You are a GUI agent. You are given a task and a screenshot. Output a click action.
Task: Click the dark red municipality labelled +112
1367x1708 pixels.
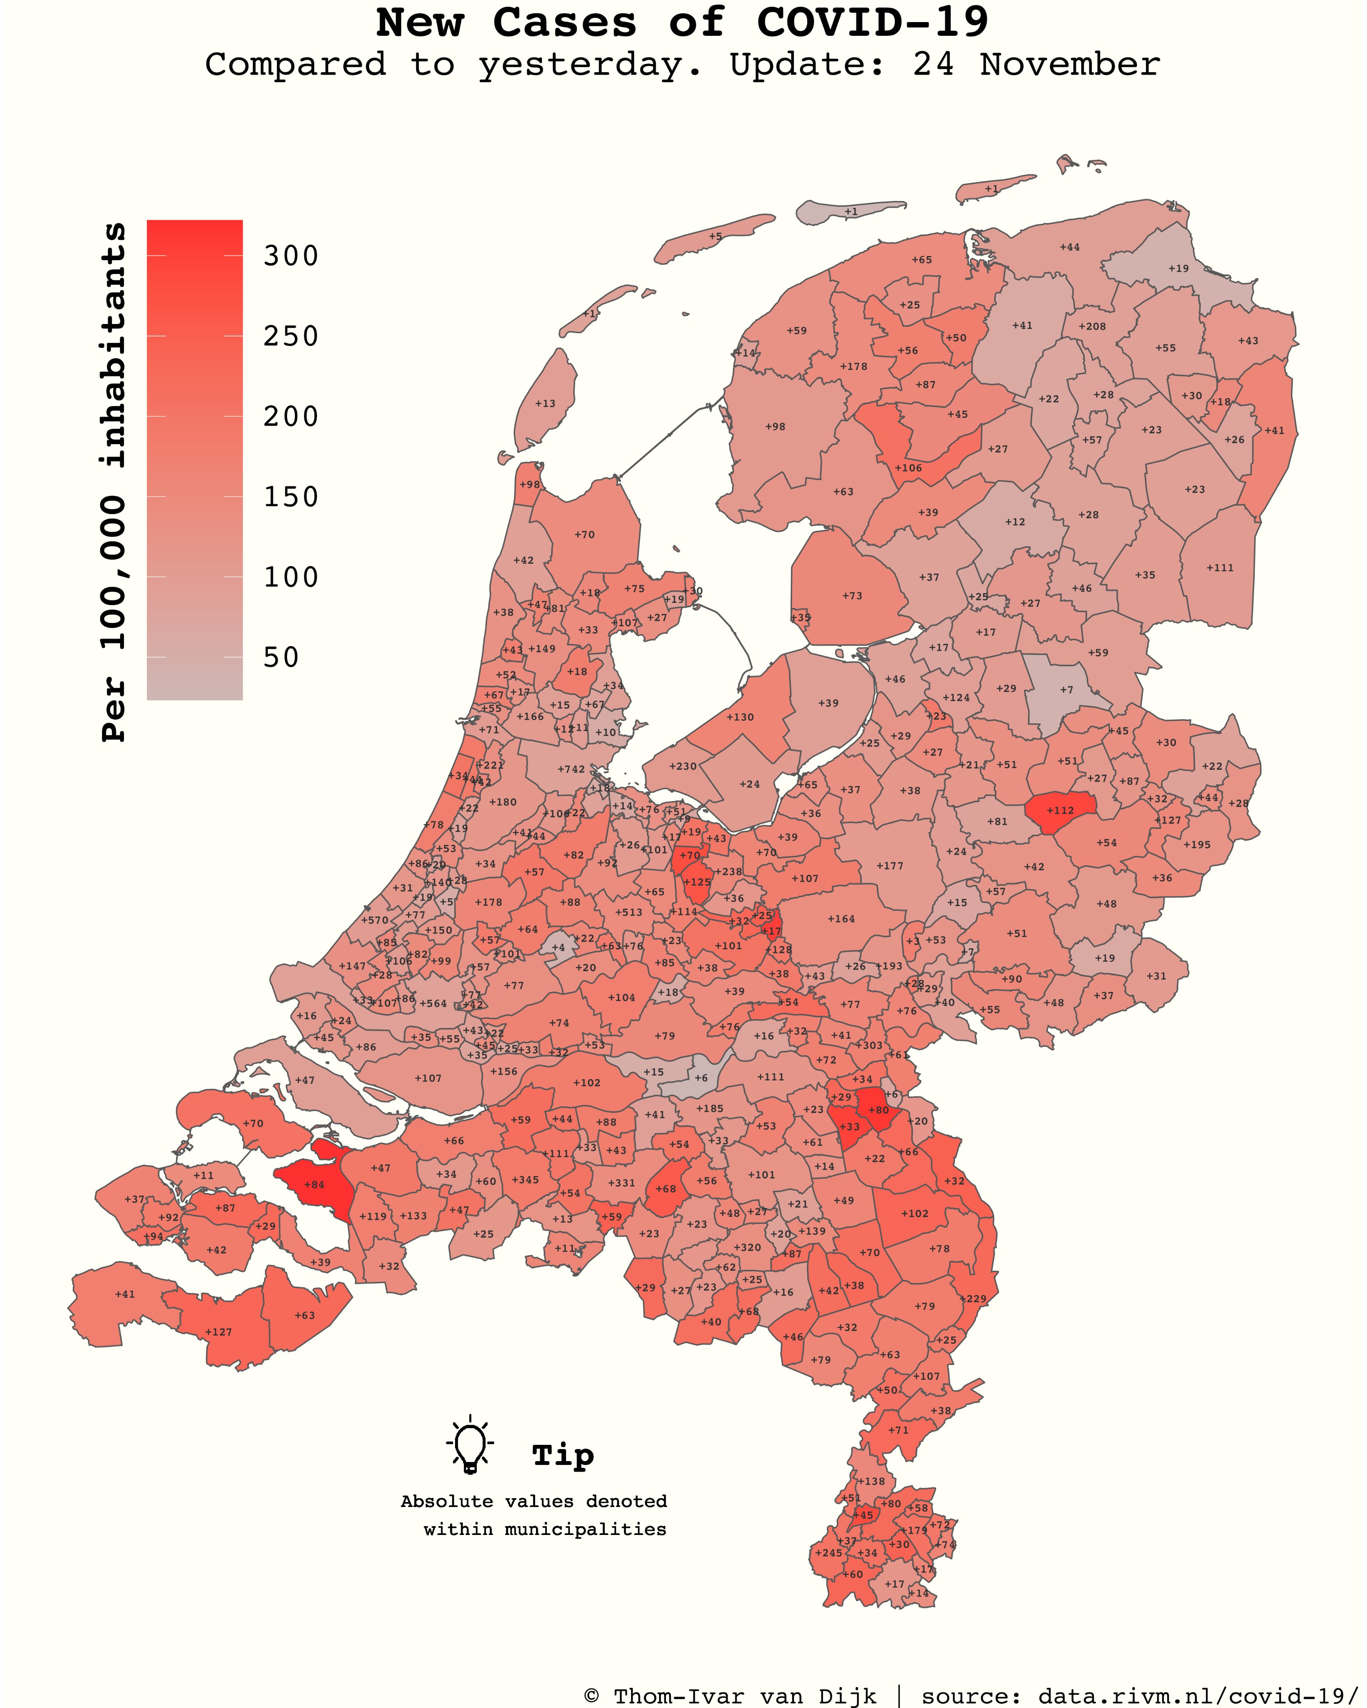[1060, 811]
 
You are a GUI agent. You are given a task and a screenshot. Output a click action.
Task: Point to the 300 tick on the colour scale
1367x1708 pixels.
[291, 256]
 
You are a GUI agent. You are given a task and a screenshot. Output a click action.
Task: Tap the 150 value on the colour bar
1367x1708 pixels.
[291, 497]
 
